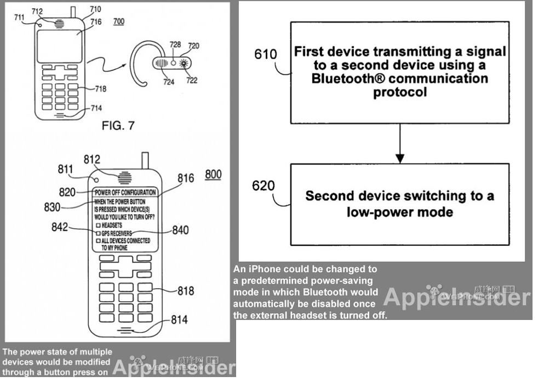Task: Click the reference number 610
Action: click(266, 54)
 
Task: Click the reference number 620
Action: click(264, 186)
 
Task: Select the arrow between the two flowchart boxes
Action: click(400, 143)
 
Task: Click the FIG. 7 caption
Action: click(118, 126)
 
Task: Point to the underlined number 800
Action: click(213, 175)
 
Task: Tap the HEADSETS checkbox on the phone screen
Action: click(99, 226)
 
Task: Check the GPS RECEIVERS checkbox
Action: click(99, 233)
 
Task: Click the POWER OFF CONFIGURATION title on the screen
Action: click(125, 193)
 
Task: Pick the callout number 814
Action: click(179, 319)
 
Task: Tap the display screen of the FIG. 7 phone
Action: click(59, 46)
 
